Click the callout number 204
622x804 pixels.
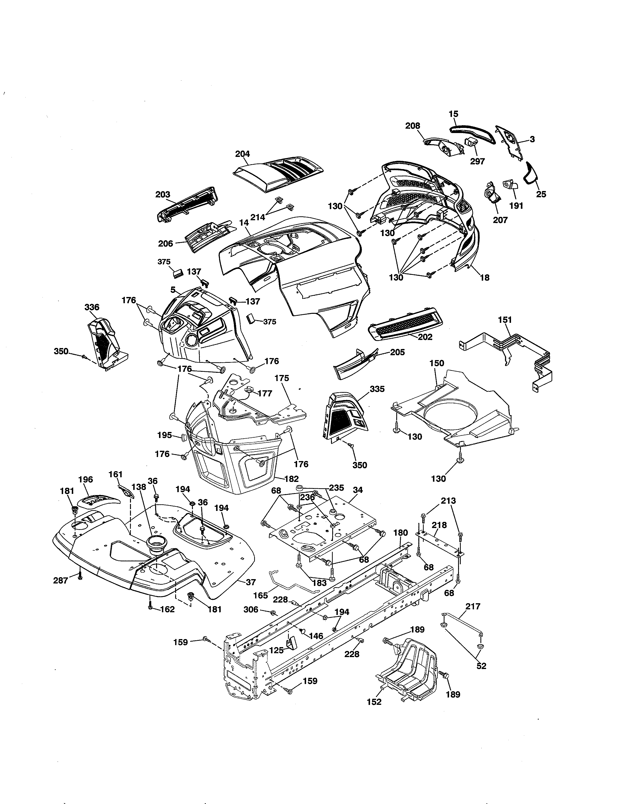pos(242,154)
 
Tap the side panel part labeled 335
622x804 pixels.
pos(344,416)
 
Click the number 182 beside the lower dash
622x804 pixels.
pos(291,479)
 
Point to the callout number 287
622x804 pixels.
pos(61,581)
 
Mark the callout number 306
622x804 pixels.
pos(251,610)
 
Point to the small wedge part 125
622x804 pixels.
pos(292,642)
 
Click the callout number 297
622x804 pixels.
pos(478,161)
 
